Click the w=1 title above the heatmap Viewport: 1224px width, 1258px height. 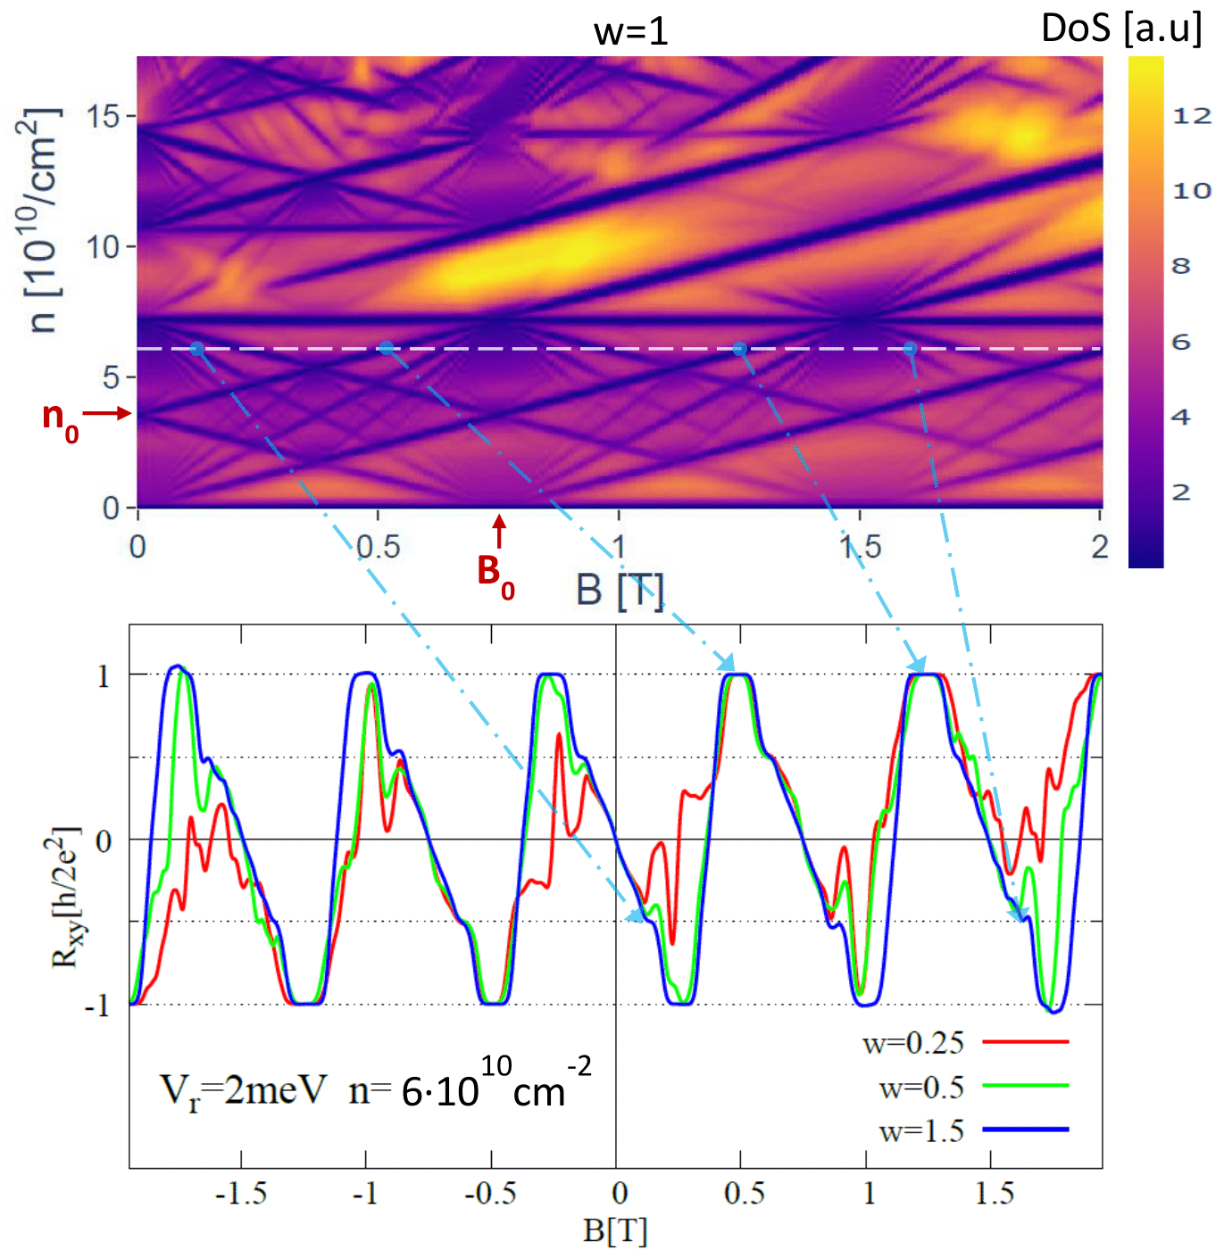630,32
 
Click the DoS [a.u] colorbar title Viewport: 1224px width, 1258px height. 1120,29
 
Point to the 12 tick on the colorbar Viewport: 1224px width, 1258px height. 1191,115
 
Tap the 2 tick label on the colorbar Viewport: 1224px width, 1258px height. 1180,492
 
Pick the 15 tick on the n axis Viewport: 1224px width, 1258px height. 104,116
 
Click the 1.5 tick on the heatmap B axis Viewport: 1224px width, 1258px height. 860,546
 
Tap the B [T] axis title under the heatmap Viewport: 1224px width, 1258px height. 620,591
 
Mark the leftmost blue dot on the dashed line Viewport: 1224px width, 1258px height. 197,349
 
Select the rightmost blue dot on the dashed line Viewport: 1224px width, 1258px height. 910,349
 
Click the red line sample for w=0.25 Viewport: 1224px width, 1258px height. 1025,1041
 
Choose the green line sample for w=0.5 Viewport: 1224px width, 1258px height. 1025,1086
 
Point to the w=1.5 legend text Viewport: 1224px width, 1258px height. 921,1131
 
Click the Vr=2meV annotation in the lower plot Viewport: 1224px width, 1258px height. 243,1090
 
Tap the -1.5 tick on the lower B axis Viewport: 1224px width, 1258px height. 241,1194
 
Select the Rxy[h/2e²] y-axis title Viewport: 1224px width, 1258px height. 66,897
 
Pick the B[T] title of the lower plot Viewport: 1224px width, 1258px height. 615,1230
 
